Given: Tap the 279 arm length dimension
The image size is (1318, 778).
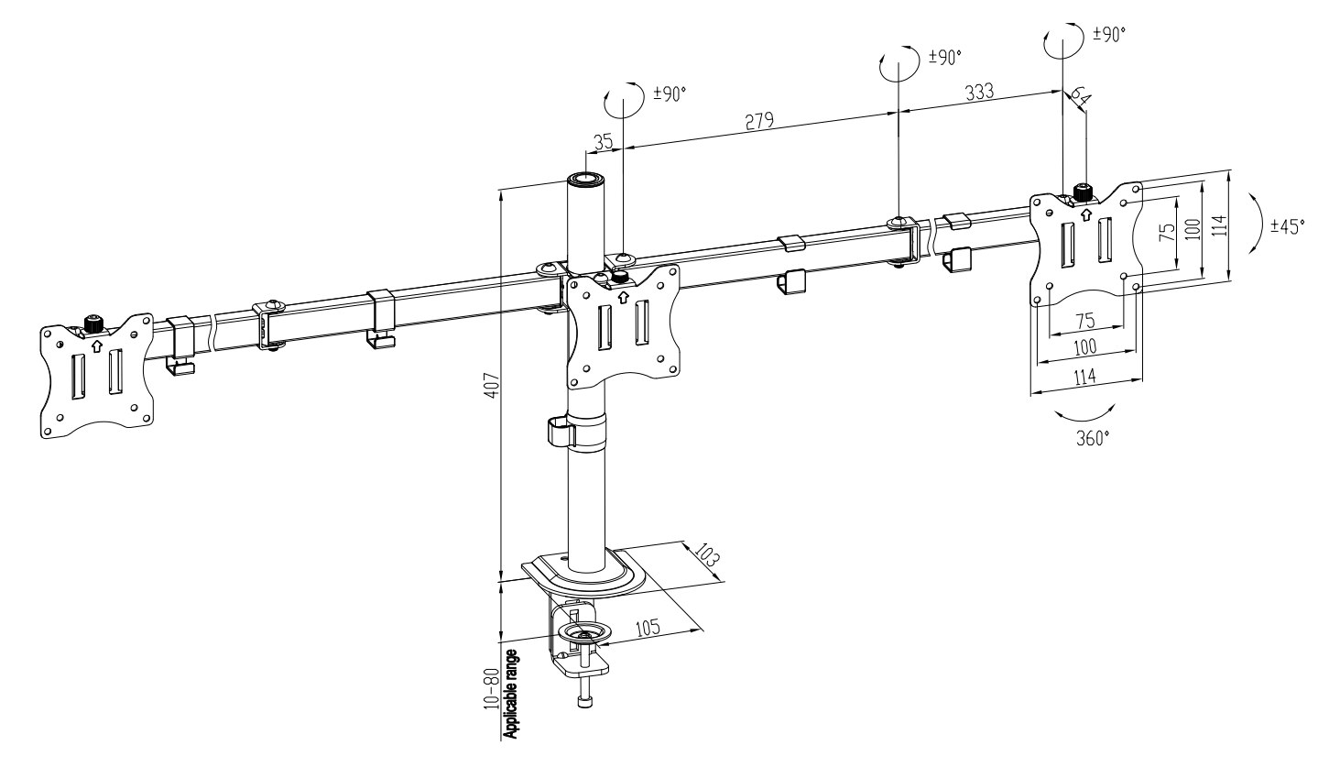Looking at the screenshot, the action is coord(759,121).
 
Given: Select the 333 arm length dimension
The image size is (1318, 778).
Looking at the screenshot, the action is coord(980,92).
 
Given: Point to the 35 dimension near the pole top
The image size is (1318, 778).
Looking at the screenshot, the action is coord(603,142).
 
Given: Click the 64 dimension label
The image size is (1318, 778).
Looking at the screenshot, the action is coord(1080,96).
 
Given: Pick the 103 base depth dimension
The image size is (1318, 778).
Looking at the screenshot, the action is coord(707,555).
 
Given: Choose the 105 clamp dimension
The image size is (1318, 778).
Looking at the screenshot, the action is coord(648,628).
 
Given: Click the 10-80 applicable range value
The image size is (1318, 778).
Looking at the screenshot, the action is coord(491,688).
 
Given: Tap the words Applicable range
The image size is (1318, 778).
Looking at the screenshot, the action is coord(511,694).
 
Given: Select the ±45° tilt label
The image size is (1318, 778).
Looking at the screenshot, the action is coord(1287,226).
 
